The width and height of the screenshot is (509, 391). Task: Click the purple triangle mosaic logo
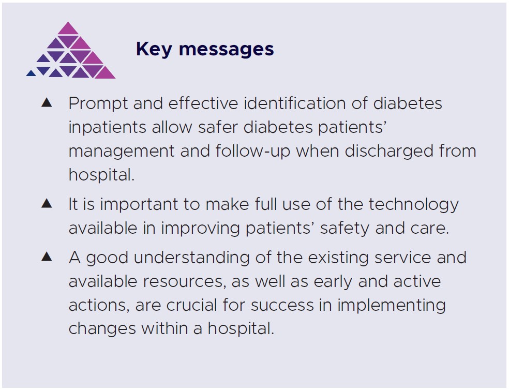(71, 52)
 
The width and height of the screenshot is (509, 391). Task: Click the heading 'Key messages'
(205, 49)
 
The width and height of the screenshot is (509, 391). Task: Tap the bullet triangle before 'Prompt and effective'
(47, 102)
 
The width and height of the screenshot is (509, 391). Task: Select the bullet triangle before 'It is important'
(47, 203)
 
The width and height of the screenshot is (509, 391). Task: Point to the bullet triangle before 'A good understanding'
(47, 256)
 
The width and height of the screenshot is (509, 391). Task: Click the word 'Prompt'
(98, 103)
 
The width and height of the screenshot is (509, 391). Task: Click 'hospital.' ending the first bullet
(101, 175)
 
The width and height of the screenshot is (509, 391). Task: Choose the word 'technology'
(413, 205)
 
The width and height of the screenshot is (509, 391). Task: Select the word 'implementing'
(391, 305)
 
